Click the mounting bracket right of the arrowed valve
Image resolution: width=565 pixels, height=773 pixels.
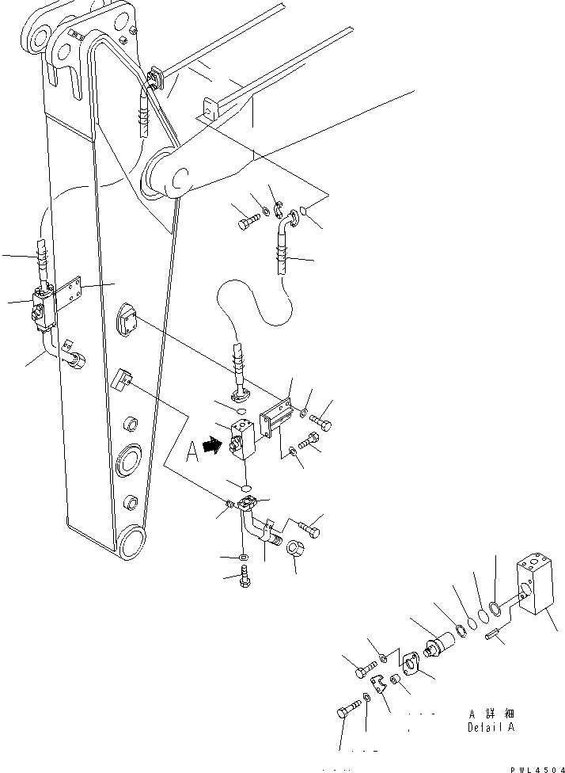click(x=274, y=418)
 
